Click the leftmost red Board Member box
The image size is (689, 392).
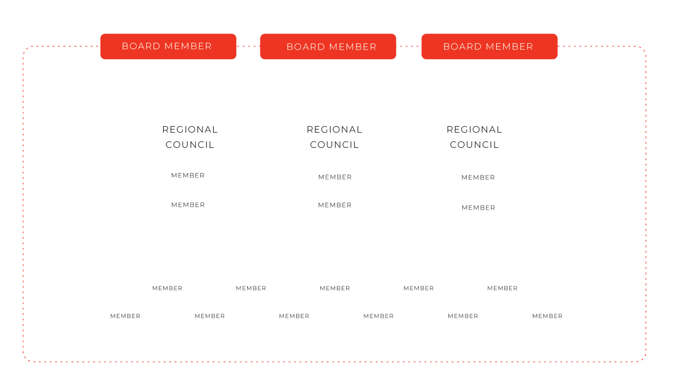tap(168, 46)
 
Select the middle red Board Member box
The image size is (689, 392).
tap(328, 46)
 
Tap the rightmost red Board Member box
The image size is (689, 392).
tap(489, 46)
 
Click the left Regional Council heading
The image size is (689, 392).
tap(190, 137)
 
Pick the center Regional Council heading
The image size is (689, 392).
tap(334, 137)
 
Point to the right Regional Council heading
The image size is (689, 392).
tap(474, 137)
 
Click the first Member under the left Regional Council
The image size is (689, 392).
tap(188, 175)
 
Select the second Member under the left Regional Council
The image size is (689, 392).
tap(188, 205)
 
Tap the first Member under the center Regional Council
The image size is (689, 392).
tap(335, 177)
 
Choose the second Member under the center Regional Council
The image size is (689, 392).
tap(335, 205)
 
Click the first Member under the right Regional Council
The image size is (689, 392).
tap(478, 177)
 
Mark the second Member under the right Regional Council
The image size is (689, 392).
tap(479, 208)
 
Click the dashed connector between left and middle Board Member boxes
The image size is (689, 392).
tap(248, 46)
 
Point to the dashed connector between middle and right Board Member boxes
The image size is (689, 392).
tap(409, 46)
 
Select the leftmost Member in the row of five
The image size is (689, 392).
tap(167, 288)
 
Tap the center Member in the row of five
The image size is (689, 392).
tap(335, 288)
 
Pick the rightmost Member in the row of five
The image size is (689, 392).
tap(502, 288)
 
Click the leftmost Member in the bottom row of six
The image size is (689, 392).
tap(125, 316)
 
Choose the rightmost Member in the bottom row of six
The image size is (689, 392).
tap(547, 316)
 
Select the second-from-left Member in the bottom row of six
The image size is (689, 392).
tap(209, 316)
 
